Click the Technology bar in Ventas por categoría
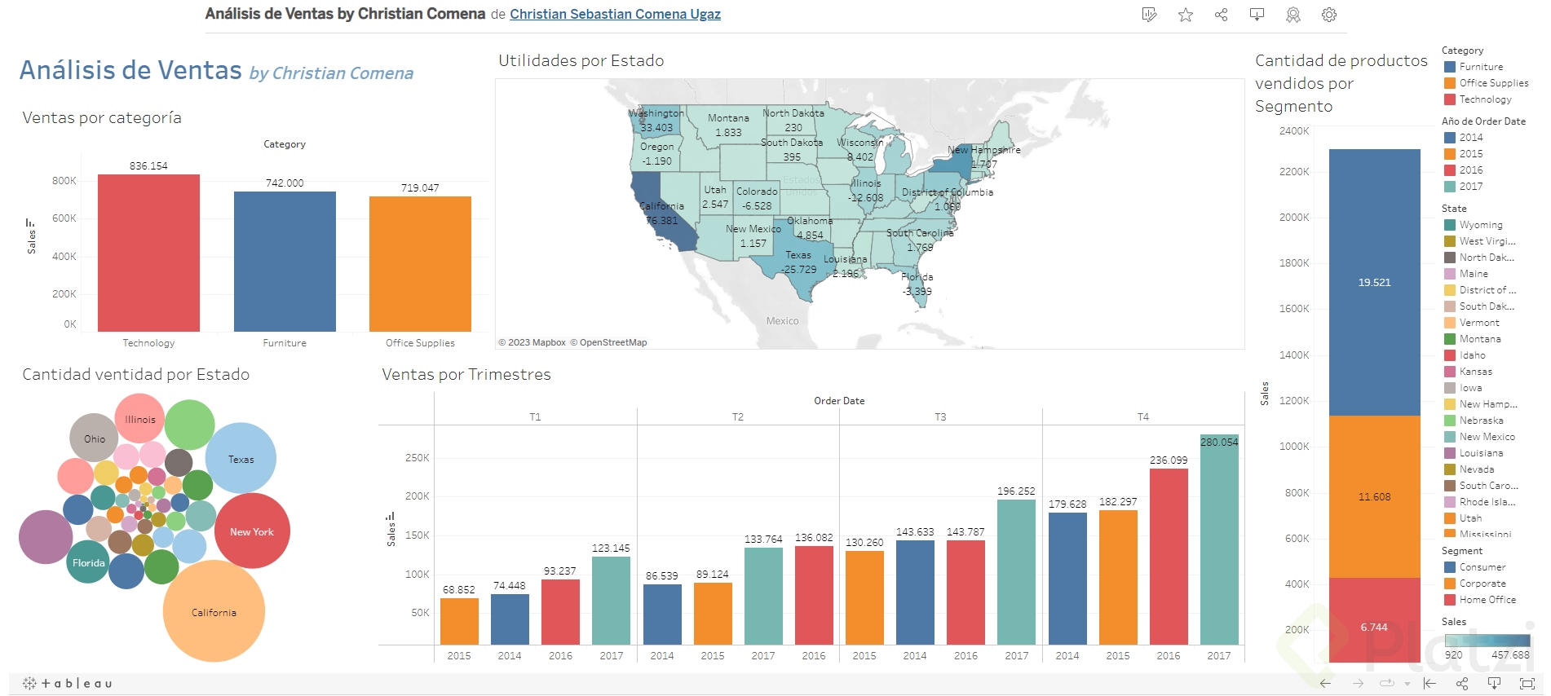click(148, 253)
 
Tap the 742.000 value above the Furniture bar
click(285, 183)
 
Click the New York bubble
click(252, 531)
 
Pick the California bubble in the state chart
click(214, 611)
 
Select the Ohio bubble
click(94, 438)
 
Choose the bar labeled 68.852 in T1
click(459, 621)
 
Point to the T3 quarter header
click(940, 417)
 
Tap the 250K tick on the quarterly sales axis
click(418, 458)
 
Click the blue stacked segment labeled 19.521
click(1374, 282)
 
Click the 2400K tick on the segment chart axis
click(1294, 131)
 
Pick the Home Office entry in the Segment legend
click(1487, 600)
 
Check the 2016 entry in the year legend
click(1471, 170)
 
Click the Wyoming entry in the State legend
click(1480, 225)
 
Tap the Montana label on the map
click(728, 118)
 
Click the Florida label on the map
click(917, 277)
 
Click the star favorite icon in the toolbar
click(1186, 15)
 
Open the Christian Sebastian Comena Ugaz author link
click(615, 14)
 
